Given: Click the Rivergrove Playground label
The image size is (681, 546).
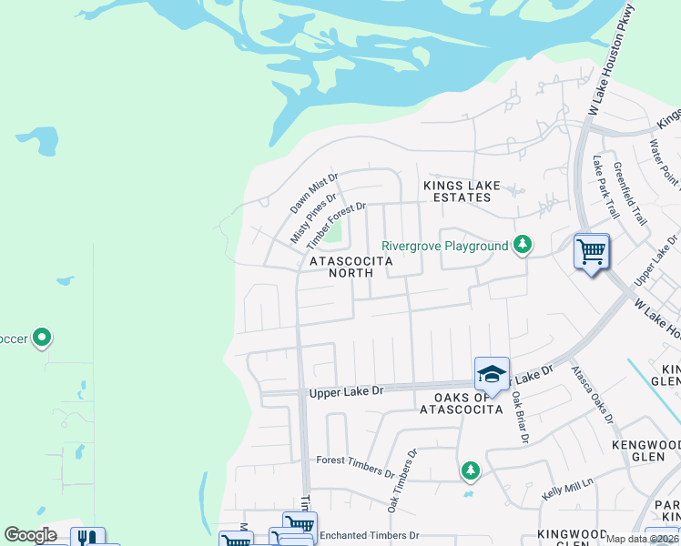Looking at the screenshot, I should [x=444, y=246].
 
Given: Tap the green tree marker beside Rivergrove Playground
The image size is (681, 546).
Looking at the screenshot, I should [x=523, y=244].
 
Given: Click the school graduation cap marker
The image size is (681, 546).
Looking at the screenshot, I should [x=491, y=374].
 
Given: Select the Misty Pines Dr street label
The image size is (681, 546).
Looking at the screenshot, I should [x=313, y=217].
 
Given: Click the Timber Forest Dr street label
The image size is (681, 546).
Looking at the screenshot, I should [x=336, y=226].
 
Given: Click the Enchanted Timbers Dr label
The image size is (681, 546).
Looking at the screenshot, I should [x=369, y=535].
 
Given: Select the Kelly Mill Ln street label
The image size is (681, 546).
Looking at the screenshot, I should [x=568, y=493].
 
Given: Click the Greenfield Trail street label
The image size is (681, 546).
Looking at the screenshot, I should [x=629, y=194].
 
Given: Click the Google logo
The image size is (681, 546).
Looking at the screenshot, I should [x=31, y=535].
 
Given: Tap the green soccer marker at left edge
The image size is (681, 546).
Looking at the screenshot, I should [x=42, y=339].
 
